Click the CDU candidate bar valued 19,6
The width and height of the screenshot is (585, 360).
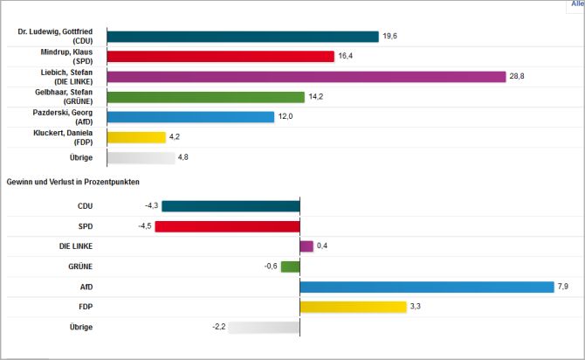click(x=242, y=36)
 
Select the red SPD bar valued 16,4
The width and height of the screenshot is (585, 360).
click(x=220, y=56)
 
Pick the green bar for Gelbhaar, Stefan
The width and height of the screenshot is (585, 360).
click(x=205, y=97)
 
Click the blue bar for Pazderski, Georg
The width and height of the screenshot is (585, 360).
click(x=190, y=117)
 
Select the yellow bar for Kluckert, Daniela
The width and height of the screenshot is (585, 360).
click(x=136, y=137)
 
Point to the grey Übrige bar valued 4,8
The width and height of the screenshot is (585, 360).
click(x=141, y=157)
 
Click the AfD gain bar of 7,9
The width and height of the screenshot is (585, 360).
click(x=427, y=287)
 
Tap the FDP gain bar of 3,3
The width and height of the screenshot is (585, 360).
click(x=353, y=307)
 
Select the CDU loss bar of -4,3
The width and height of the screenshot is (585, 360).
click(x=231, y=206)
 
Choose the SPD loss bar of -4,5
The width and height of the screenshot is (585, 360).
click(x=227, y=226)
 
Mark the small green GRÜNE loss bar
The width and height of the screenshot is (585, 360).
click(x=290, y=267)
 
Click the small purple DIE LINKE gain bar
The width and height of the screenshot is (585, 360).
click(x=306, y=246)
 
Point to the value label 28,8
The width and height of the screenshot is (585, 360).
click(x=519, y=76)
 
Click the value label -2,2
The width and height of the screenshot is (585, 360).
click(x=217, y=327)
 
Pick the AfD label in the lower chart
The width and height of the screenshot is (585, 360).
click(x=86, y=287)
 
